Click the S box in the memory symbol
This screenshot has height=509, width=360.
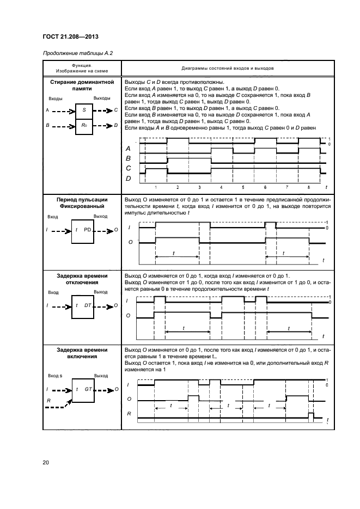pyautogui.click(x=84, y=110)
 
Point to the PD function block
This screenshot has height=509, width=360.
pyautogui.click(x=83, y=230)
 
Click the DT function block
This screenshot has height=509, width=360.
pyautogui.click(x=83, y=306)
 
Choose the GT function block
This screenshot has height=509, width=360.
pyautogui.click(x=83, y=390)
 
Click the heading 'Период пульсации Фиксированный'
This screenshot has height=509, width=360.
pyautogui.click(x=82, y=203)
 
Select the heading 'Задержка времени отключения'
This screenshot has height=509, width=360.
pyautogui.click(x=82, y=279)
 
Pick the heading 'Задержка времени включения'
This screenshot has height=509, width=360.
pyautogui.click(x=82, y=353)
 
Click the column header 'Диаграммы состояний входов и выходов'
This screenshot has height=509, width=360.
pyautogui.click(x=227, y=69)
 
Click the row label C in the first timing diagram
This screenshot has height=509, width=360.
pyautogui.click(x=129, y=168)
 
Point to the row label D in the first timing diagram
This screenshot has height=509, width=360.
pyautogui.click(x=129, y=178)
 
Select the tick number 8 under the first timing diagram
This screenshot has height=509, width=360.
pyautogui.click(x=309, y=187)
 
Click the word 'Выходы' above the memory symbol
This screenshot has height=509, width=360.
pyautogui.click(x=102, y=98)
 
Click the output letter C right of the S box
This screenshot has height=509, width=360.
pyautogui.click(x=115, y=110)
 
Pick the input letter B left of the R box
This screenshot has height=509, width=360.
pyautogui.click(x=48, y=125)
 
